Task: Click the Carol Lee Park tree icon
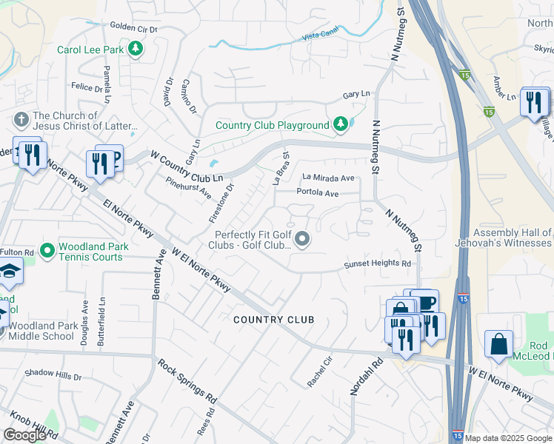pos(135,50)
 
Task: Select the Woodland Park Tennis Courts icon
pos(48,252)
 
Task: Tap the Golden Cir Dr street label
pos(134,29)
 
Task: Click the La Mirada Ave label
pos(328,178)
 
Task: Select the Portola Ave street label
pos(317,193)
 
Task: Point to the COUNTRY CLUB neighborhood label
pos(273,320)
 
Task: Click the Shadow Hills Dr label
pos(53,376)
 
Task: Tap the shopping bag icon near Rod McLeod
pos(499,344)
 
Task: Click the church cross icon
pos(21,119)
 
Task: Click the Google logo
pos(24,435)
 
